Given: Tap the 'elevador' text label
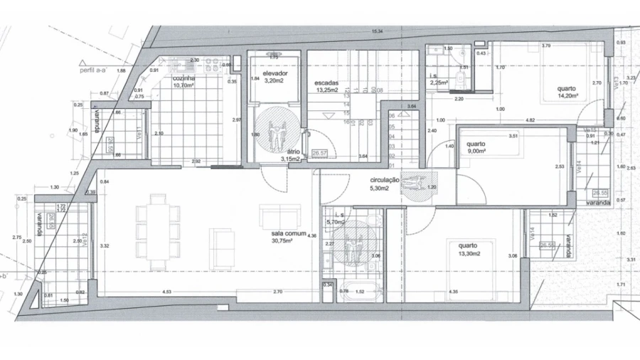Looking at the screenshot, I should tap(274, 74).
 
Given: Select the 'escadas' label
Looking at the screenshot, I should tap(326, 83).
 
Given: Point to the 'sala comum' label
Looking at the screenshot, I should tap(288, 233).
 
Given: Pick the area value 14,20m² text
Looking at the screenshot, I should tap(567, 95).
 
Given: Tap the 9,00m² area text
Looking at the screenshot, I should tap(476, 151).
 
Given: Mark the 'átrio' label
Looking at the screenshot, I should tap(292, 152).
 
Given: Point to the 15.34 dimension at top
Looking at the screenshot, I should tap(377, 31).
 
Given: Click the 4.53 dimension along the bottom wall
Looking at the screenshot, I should tap(166, 292).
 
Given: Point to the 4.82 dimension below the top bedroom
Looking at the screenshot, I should tap(530, 120).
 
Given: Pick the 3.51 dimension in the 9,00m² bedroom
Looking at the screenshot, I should tap(511, 135).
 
